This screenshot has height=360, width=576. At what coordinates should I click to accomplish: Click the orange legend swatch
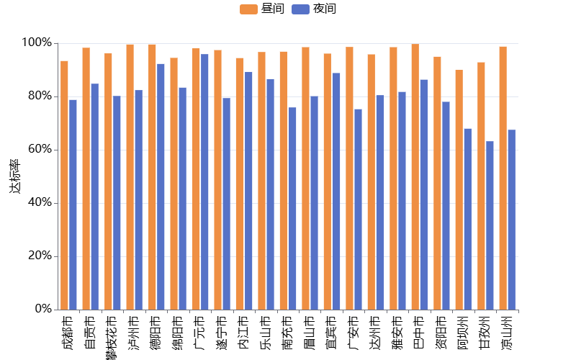click(x=248, y=9)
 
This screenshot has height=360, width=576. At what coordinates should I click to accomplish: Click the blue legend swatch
click(x=300, y=9)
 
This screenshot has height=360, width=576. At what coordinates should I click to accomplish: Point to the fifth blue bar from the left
click(x=161, y=186)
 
